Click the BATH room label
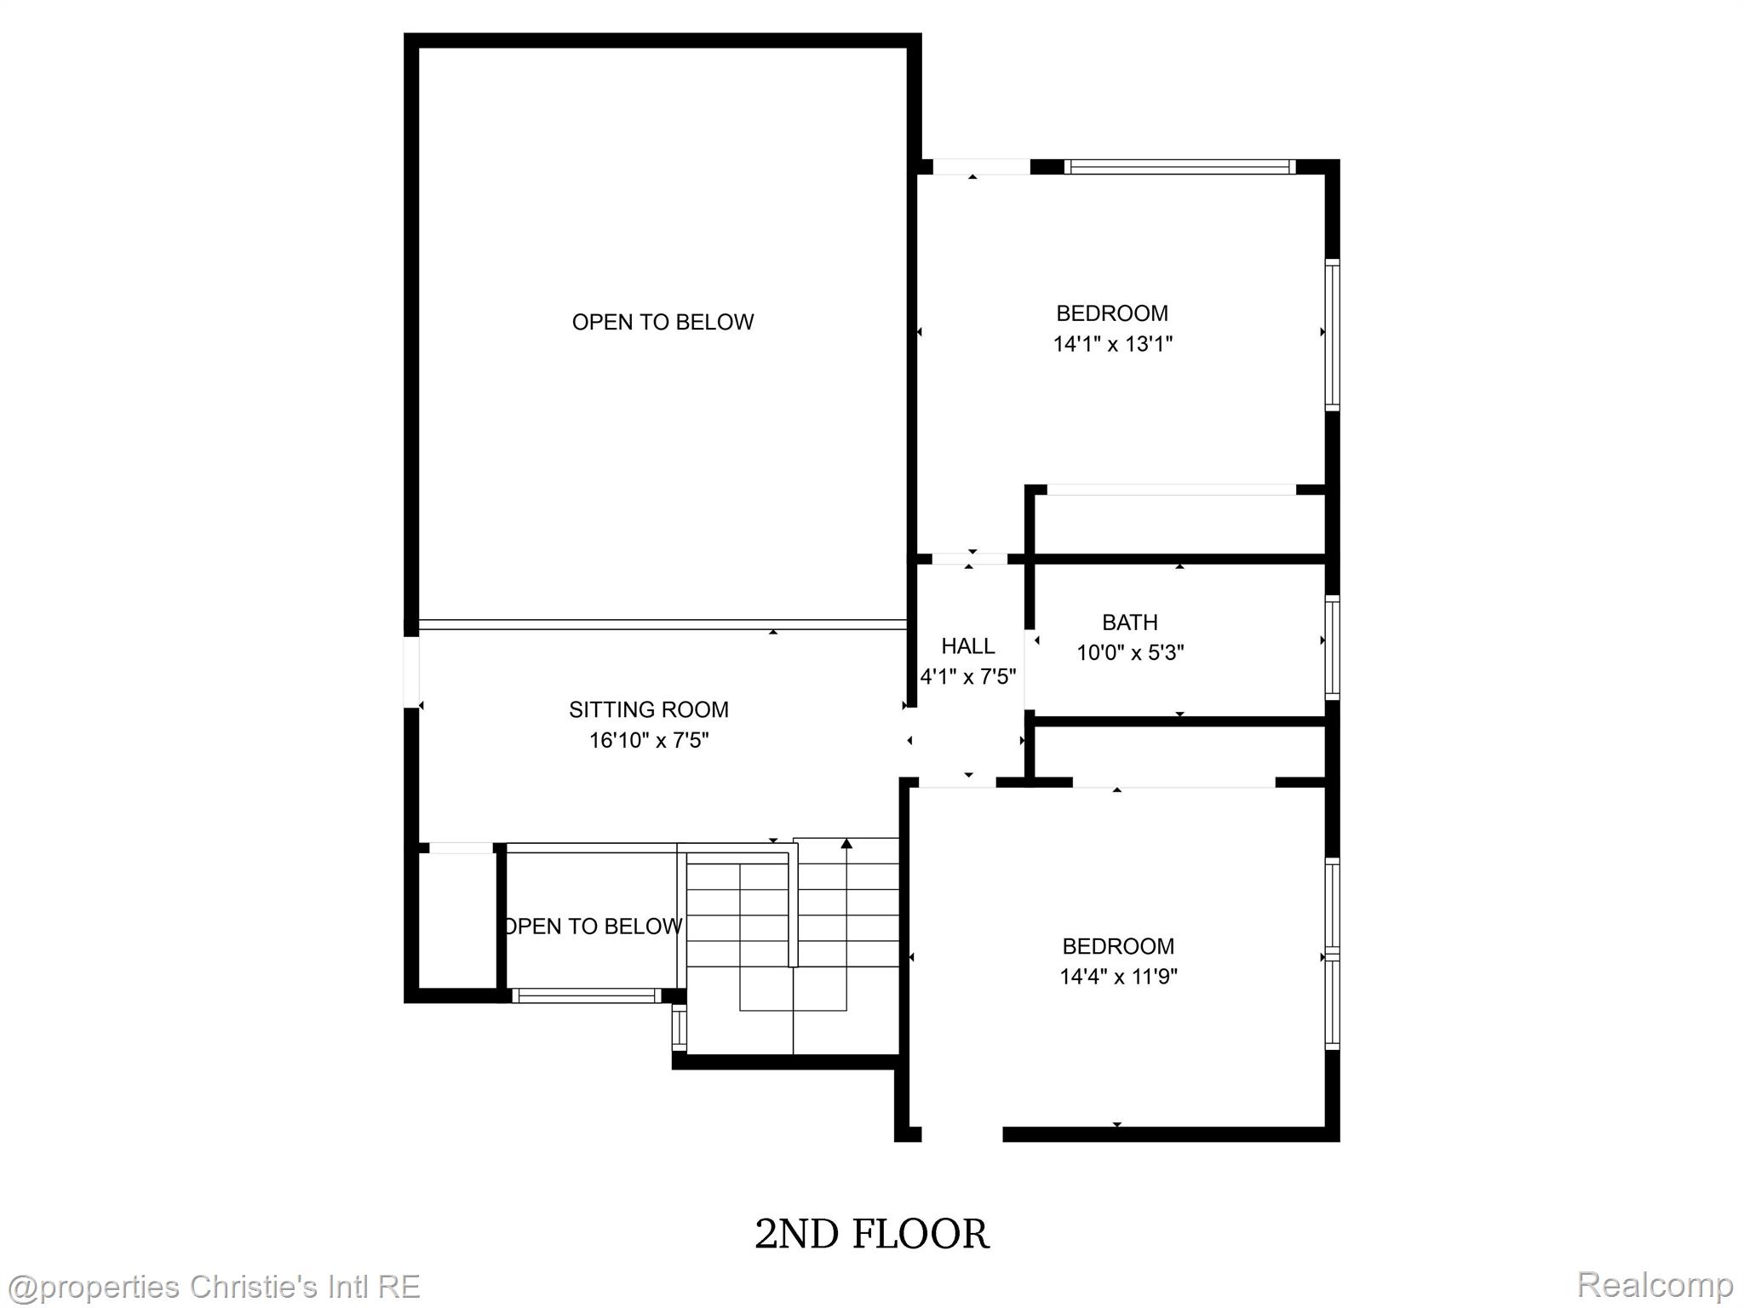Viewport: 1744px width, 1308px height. pyautogui.click(x=1130, y=622)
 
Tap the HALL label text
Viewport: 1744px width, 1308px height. pyautogui.click(x=968, y=646)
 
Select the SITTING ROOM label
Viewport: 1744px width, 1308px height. pyautogui.click(x=649, y=709)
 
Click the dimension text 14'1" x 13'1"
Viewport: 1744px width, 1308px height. pyautogui.click(x=1113, y=344)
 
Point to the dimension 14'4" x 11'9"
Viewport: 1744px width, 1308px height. pyautogui.click(x=1118, y=976)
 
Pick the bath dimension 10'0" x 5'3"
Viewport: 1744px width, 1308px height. pyautogui.click(x=1131, y=653)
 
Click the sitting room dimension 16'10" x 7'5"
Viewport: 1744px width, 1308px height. pyautogui.click(x=649, y=740)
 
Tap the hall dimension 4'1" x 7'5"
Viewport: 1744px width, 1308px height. pyautogui.click(x=968, y=677)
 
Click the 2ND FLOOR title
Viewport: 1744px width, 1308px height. pyautogui.click(x=872, y=1234)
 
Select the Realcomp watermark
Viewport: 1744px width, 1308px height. pyautogui.click(x=1655, y=1284)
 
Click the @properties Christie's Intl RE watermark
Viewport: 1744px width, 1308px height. pyautogui.click(x=213, y=1286)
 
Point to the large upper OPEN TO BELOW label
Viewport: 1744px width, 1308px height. pyautogui.click(x=663, y=322)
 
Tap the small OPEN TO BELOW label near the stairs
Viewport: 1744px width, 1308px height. pyautogui.click(x=593, y=926)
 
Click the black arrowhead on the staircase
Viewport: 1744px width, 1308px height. pyautogui.click(x=846, y=844)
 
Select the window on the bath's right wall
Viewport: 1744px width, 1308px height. pyautogui.click(x=1333, y=647)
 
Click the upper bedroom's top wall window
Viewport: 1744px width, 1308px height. pyautogui.click(x=1179, y=167)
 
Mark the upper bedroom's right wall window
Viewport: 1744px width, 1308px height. pyautogui.click(x=1333, y=335)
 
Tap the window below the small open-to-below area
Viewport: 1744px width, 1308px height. pyautogui.click(x=587, y=995)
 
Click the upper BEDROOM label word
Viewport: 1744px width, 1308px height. pyautogui.click(x=1112, y=313)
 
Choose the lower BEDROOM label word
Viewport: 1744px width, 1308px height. pyautogui.click(x=1118, y=946)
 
